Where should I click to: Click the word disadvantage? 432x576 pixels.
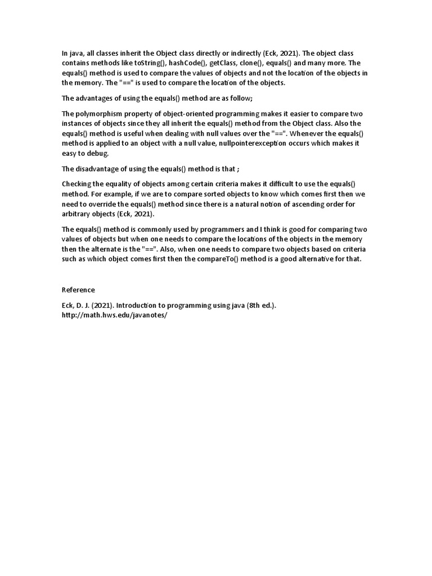[x=101, y=169]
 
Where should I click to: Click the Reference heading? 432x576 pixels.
[x=78, y=290]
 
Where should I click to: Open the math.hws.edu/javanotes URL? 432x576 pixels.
[x=115, y=315]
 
